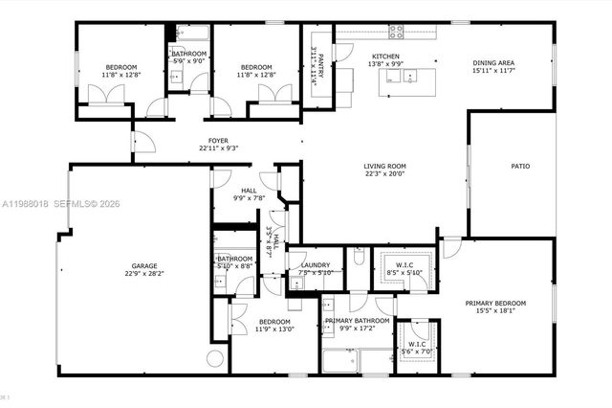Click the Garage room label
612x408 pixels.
144,265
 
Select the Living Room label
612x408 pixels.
383,167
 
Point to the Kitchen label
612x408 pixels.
385,57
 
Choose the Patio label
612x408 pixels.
519,167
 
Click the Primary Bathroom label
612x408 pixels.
357,321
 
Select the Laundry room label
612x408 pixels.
315,265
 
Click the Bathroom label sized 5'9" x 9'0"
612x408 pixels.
188,54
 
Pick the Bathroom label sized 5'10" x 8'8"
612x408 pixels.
234,259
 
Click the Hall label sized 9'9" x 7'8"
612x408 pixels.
249,191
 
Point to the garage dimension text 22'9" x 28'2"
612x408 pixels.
144,273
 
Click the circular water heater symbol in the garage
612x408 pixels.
215,359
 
